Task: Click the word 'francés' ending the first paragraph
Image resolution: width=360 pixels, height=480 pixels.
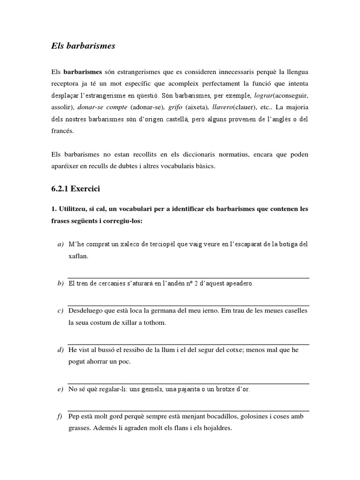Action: coord(63,131)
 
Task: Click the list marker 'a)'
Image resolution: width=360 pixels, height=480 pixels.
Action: coord(60,244)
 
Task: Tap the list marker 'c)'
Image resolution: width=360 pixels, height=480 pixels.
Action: coord(60,311)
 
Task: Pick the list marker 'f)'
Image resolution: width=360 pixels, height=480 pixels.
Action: coord(60,416)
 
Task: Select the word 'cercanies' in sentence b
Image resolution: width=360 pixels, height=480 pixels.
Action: coord(112,284)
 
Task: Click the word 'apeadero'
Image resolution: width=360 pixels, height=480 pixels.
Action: coord(236,284)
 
